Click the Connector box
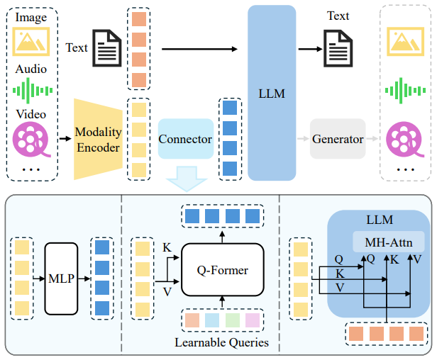186,139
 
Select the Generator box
338,139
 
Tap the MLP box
61,279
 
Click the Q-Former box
223,270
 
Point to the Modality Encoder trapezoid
98,139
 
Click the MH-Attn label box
389,242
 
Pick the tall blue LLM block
272,93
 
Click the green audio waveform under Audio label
33,91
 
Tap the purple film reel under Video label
31,139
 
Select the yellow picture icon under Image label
31,42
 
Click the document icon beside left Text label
107,48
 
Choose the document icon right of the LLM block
338,48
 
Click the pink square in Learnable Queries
253,320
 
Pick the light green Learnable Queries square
233,320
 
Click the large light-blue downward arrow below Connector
187,179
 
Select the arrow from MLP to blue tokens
84,279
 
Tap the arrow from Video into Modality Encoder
65,138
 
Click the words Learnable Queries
222,342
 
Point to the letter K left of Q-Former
167,247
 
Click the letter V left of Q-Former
167,292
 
